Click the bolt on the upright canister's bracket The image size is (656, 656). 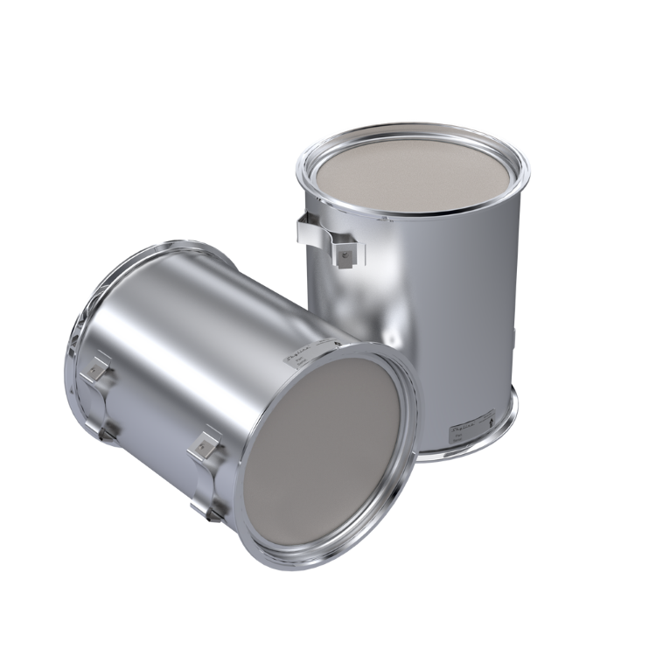345,253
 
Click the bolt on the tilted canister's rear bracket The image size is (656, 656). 95,373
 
